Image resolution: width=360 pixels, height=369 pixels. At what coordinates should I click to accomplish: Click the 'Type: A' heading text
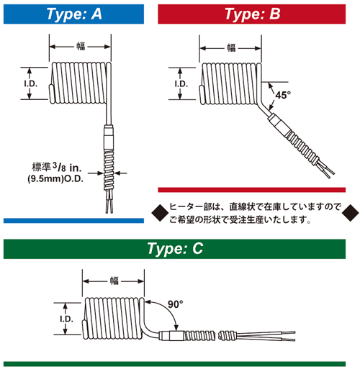coord(78,14)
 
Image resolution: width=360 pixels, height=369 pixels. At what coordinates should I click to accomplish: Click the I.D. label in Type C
coord(66,317)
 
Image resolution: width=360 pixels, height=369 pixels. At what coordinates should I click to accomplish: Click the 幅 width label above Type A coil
coord(80,48)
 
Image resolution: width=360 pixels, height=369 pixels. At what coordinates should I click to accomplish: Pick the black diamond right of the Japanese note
coord(349,211)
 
